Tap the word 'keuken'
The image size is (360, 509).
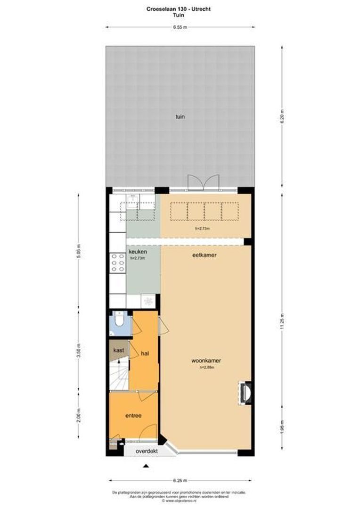tap(138, 252)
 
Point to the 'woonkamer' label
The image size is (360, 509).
tap(206, 361)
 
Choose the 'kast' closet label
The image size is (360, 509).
tap(118, 350)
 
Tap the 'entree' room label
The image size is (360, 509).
tap(133, 416)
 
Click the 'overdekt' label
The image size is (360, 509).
tap(147, 451)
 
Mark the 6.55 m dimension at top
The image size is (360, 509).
tap(180, 27)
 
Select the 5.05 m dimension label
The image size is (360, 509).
tap(79, 252)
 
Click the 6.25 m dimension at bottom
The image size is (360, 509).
tap(180, 481)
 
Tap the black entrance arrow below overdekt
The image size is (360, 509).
tap(146, 466)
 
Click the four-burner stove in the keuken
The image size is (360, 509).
tap(117, 263)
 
